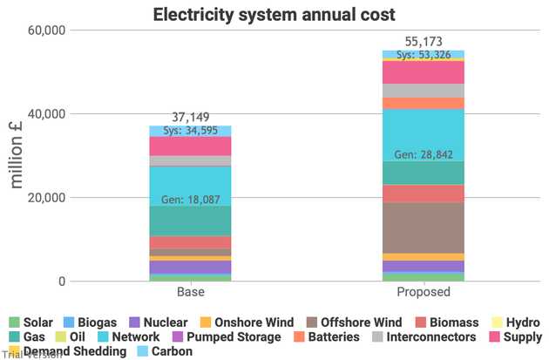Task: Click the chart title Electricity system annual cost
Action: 274,15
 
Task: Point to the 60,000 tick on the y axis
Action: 47,31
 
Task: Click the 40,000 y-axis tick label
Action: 47,114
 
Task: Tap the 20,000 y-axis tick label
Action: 47,198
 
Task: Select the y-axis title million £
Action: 16,155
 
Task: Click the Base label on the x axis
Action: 191,292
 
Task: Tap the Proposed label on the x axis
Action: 424,292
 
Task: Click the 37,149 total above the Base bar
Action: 191,117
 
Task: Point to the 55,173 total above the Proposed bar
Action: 424,42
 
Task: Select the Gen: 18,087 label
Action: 191,200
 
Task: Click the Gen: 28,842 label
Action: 424,154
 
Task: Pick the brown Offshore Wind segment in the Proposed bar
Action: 424,228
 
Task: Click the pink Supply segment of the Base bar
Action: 190,146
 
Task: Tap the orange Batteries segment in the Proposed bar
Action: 424,104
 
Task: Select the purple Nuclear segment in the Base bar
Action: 190,268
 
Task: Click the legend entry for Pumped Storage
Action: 227,336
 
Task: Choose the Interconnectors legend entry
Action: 424,336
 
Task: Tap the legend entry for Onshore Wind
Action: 247,323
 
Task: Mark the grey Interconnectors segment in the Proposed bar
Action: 424,91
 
